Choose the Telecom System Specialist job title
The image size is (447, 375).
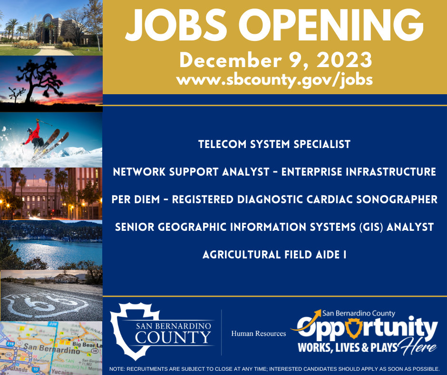274,144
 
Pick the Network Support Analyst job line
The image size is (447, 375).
274,171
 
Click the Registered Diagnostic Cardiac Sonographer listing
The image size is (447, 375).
274,199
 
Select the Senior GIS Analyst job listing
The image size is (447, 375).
274,227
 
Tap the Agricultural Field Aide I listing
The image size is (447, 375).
274,255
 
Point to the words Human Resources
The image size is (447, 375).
258,334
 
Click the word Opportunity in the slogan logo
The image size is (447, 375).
364,328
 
